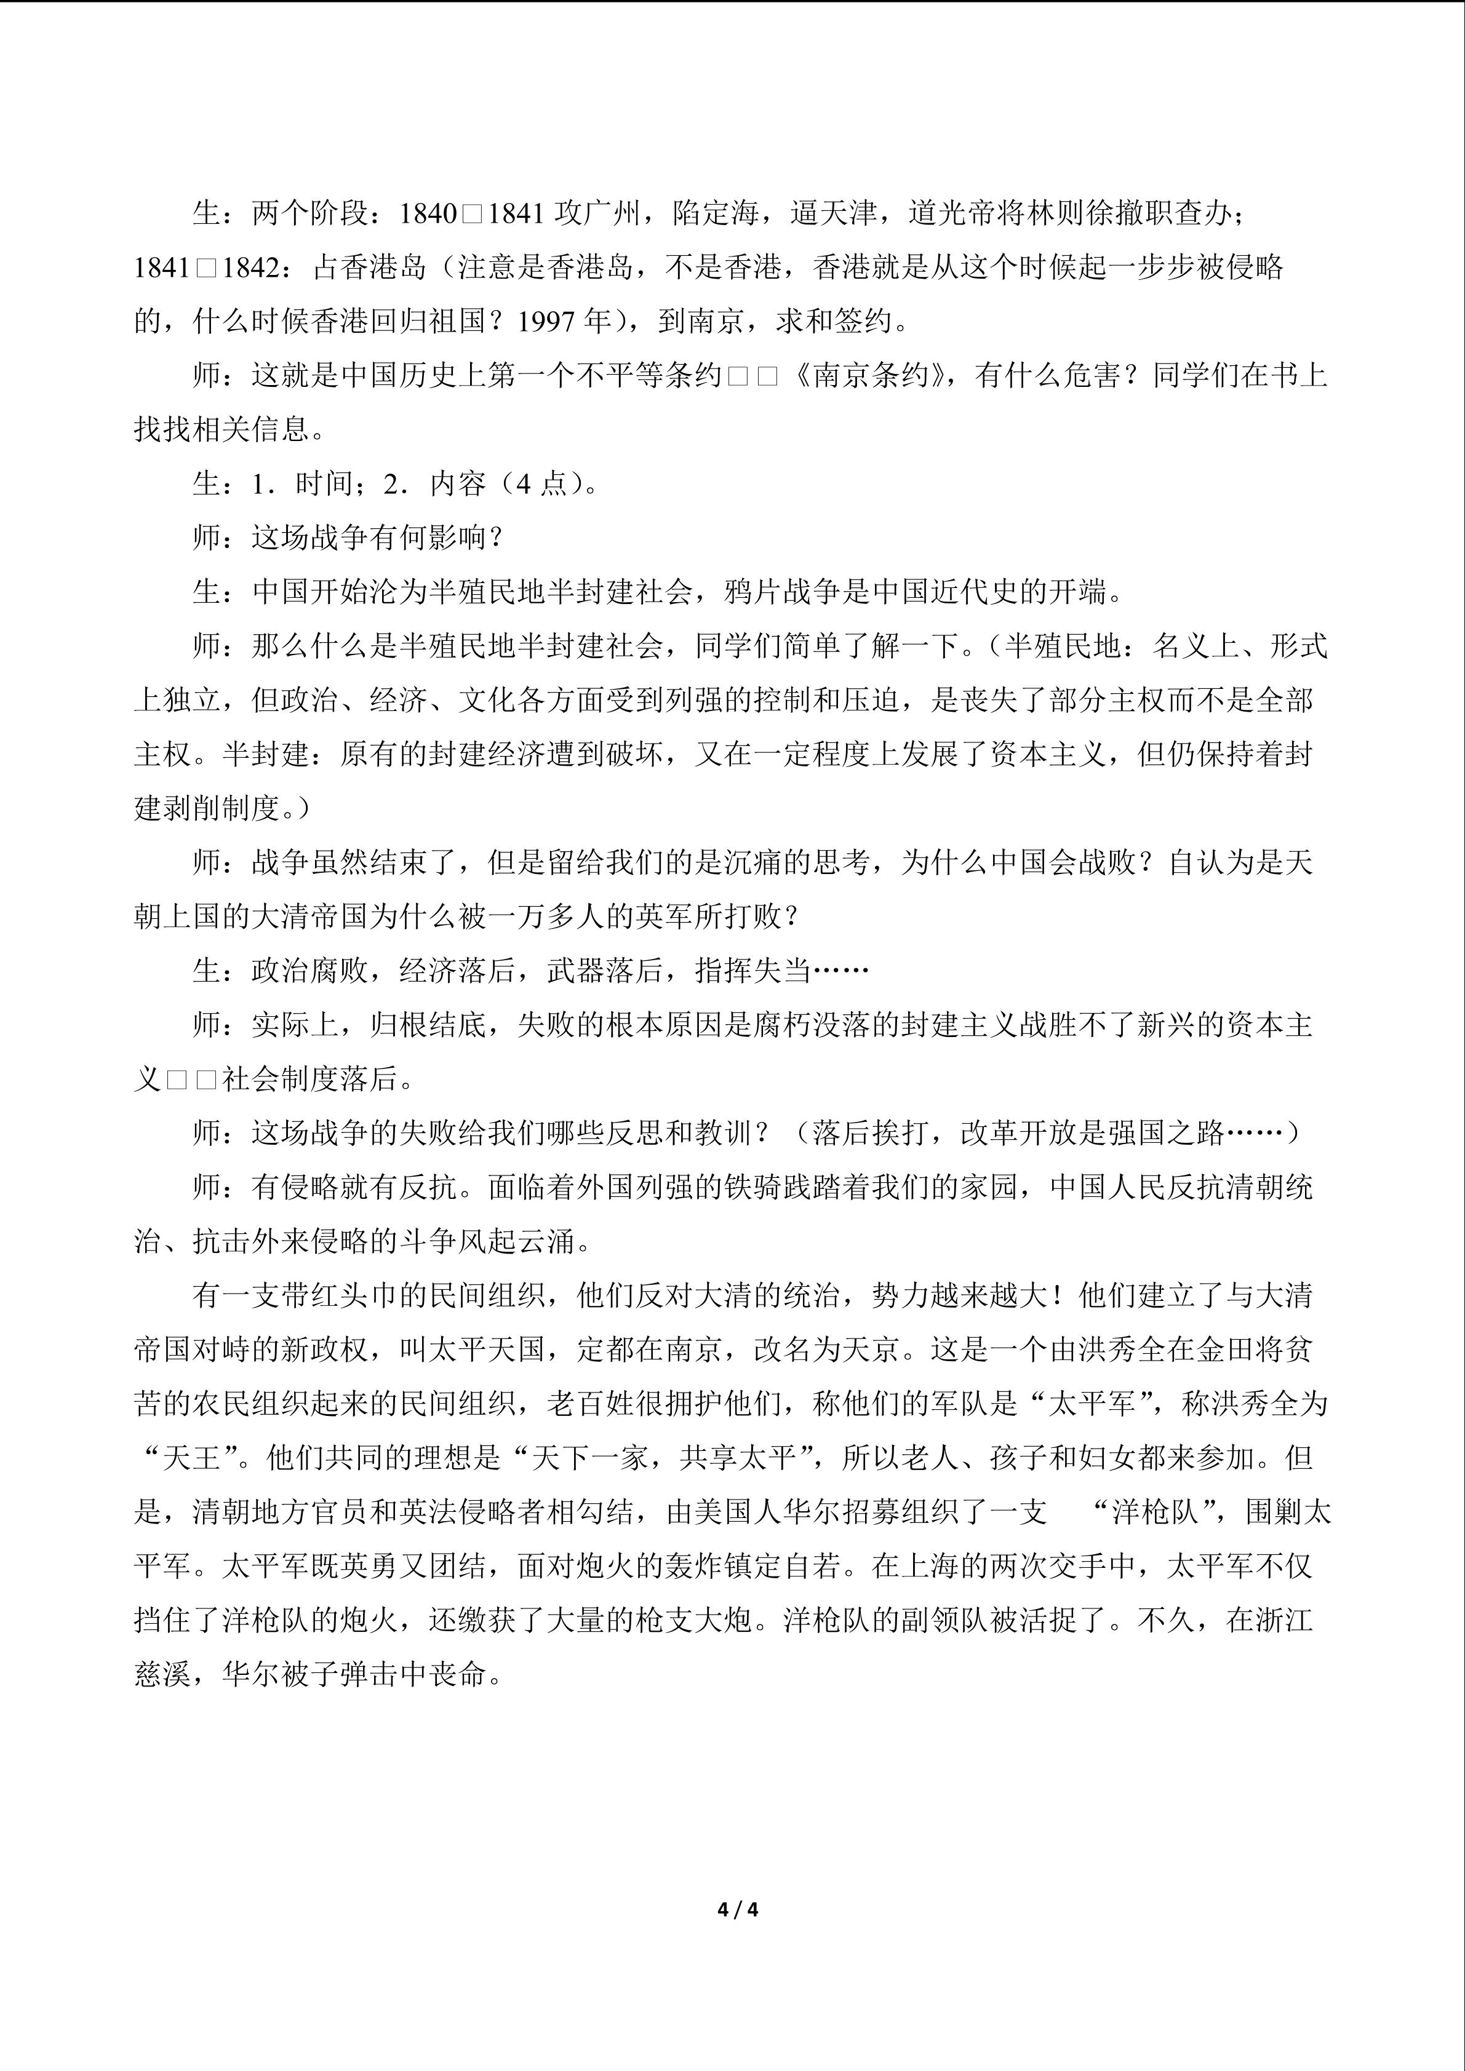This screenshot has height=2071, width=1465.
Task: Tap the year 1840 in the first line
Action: [428, 214]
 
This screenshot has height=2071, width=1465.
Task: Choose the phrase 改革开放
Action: [1018, 1134]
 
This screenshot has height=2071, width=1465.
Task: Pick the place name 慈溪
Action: [162, 1675]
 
